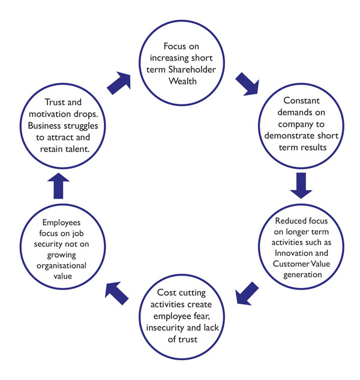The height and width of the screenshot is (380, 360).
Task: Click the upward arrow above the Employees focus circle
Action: (59, 187)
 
